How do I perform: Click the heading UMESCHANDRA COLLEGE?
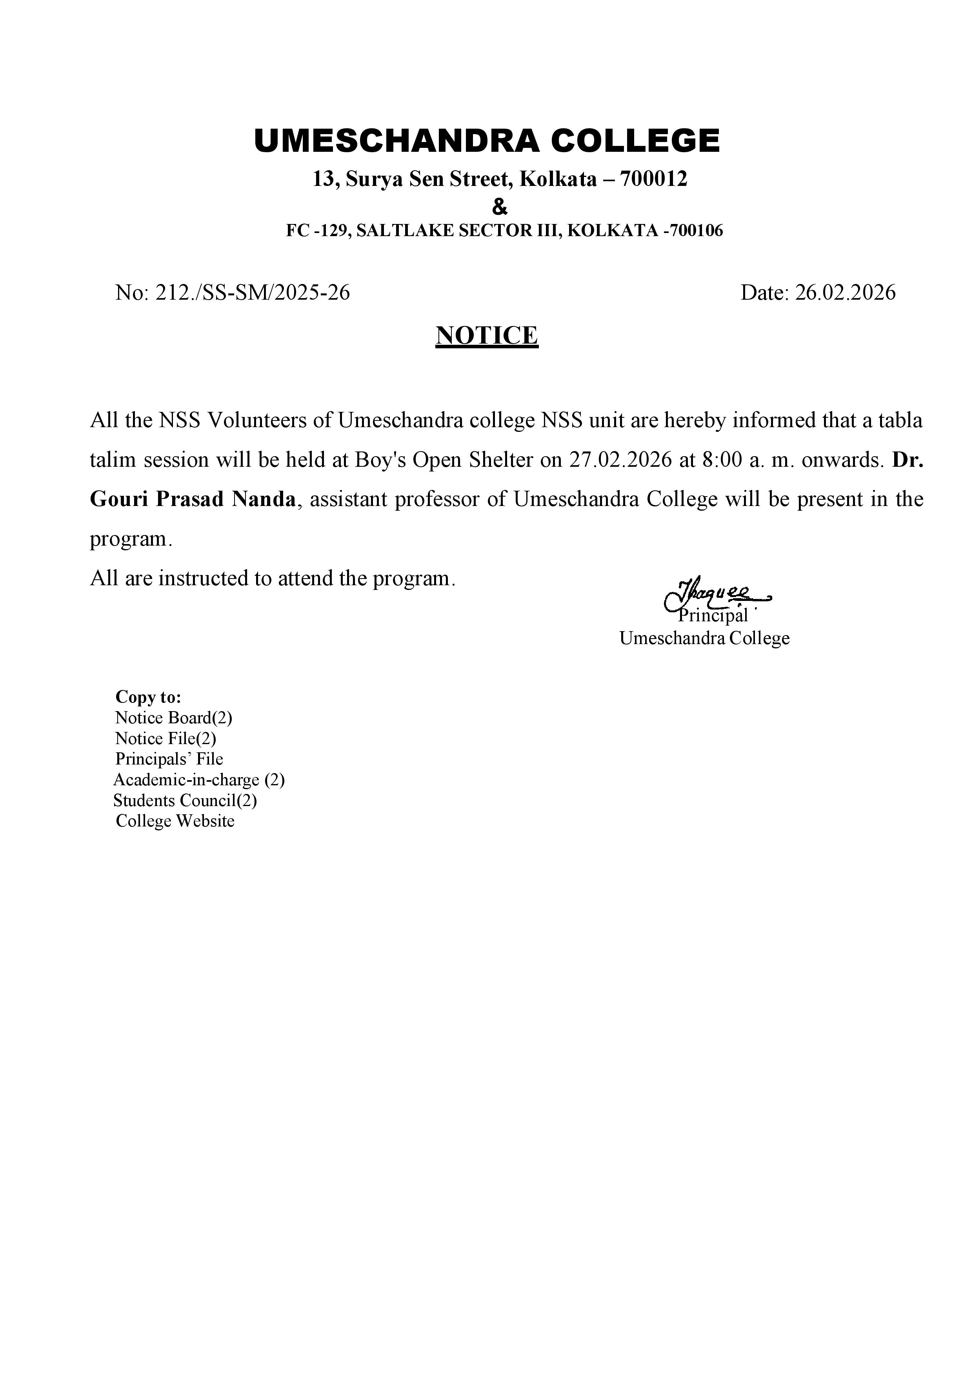click(486, 141)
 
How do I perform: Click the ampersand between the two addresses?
click(499, 207)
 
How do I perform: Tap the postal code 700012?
click(654, 178)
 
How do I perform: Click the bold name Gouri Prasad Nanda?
click(193, 499)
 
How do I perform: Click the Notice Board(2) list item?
click(173, 717)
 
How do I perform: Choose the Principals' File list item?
click(169, 759)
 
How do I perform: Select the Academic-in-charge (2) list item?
click(199, 780)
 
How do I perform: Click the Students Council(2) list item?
click(185, 800)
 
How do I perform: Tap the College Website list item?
click(175, 821)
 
